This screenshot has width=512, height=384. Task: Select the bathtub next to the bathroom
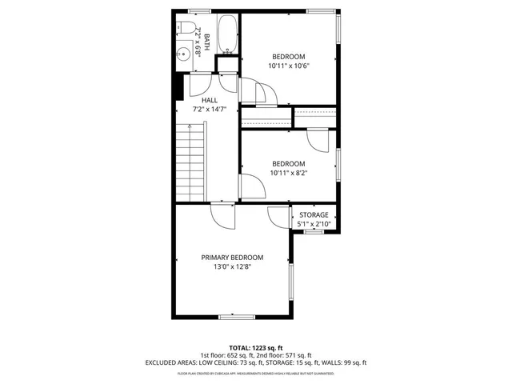tap(228, 34)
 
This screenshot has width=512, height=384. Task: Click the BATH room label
tap(206, 42)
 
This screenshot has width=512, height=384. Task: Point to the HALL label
tap(210, 100)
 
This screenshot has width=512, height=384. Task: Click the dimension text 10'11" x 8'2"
tap(288, 173)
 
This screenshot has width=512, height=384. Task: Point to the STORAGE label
tap(314, 215)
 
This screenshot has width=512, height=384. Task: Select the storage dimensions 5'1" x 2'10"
tap(314, 225)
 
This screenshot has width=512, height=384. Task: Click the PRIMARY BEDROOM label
tap(232, 258)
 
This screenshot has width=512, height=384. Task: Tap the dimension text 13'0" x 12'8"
tap(232, 267)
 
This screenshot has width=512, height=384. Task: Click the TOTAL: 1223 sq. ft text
tap(255, 348)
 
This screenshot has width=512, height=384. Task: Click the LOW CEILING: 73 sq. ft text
tap(218, 362)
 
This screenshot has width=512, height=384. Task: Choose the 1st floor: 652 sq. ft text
tap(226, 355)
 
